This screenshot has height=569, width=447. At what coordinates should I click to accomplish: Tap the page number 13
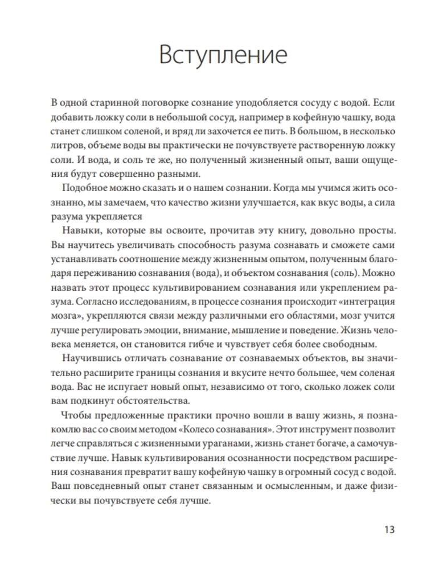click(x=388, y=530)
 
